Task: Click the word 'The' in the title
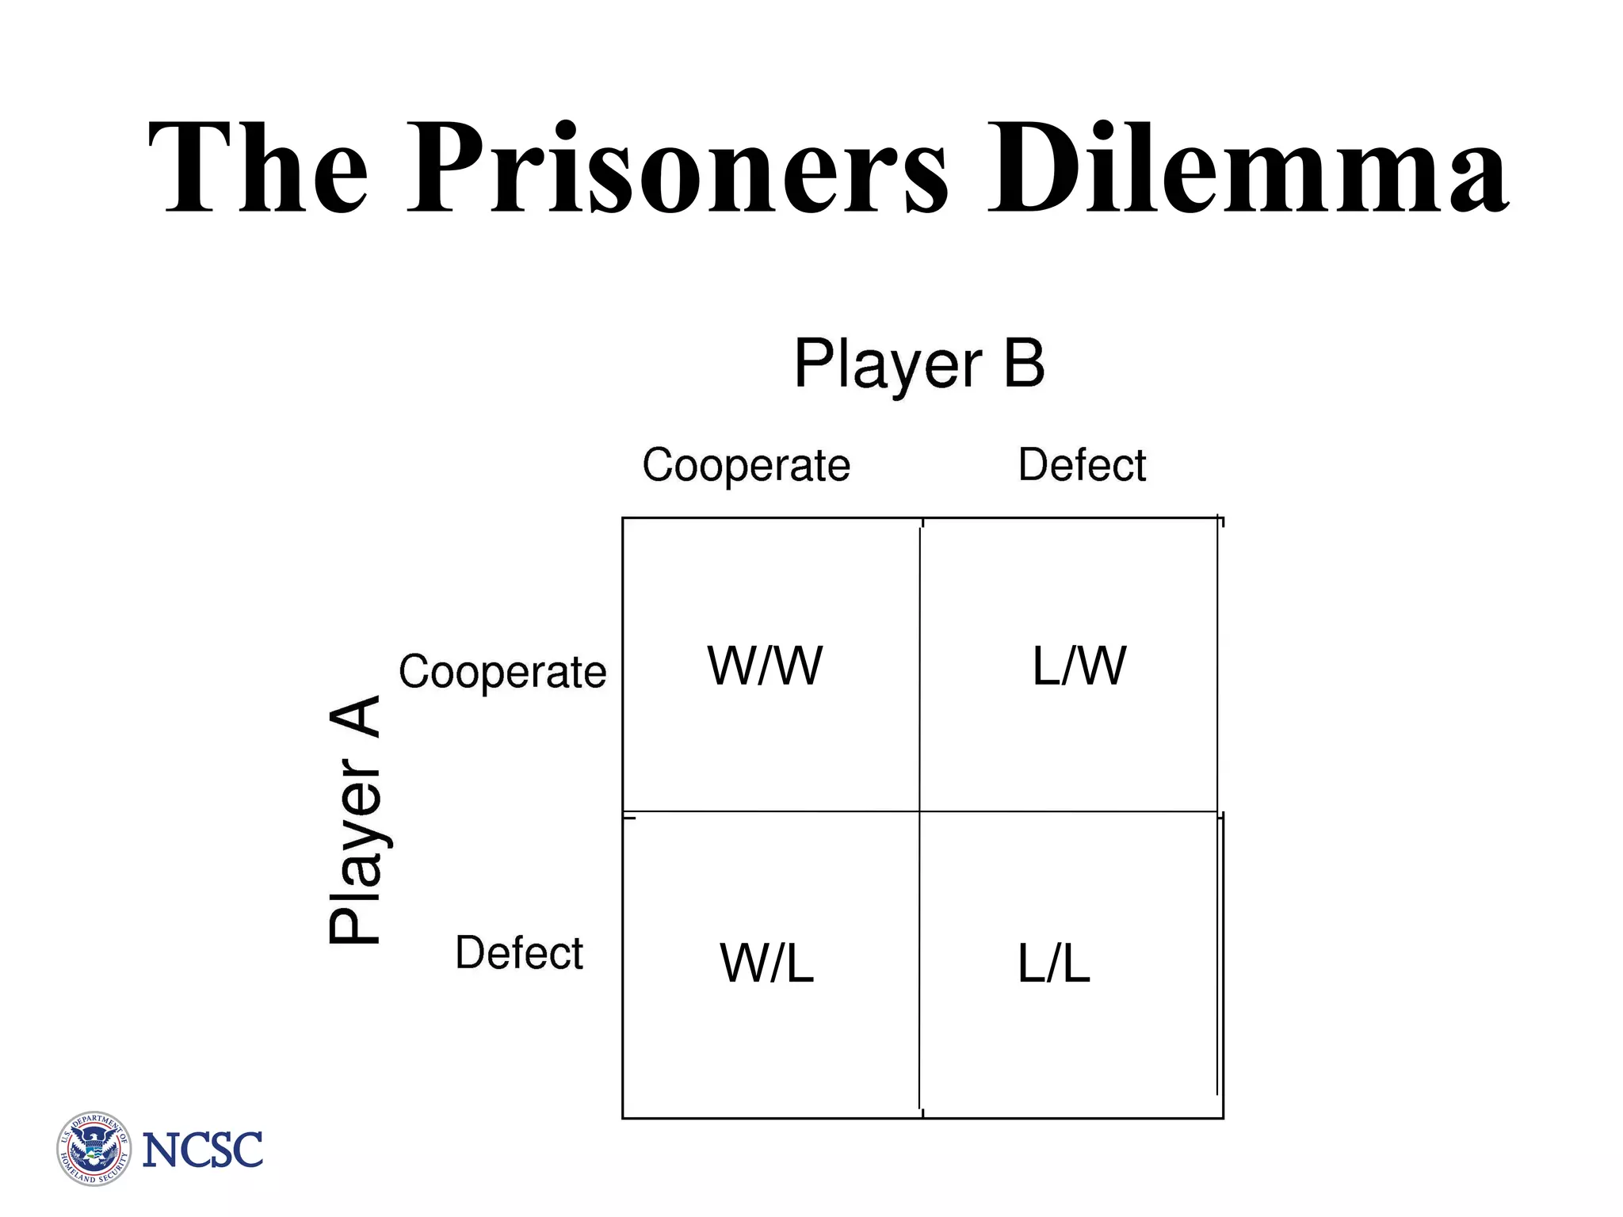click(258, 168)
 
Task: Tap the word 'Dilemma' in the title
click(1247, 168)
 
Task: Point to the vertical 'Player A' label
click(355, 820)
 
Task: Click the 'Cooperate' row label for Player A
click(502, 672)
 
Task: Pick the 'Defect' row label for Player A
click(519, 952)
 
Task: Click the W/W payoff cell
click(765, 666)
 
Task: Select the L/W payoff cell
click(1079, 666)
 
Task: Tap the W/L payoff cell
click(766, 963)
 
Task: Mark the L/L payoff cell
click(1054, 963)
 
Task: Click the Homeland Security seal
click(94, 1148)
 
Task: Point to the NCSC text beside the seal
click(202, 1150)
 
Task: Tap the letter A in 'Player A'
click(355, 718)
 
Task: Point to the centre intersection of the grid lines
click(920, 812)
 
